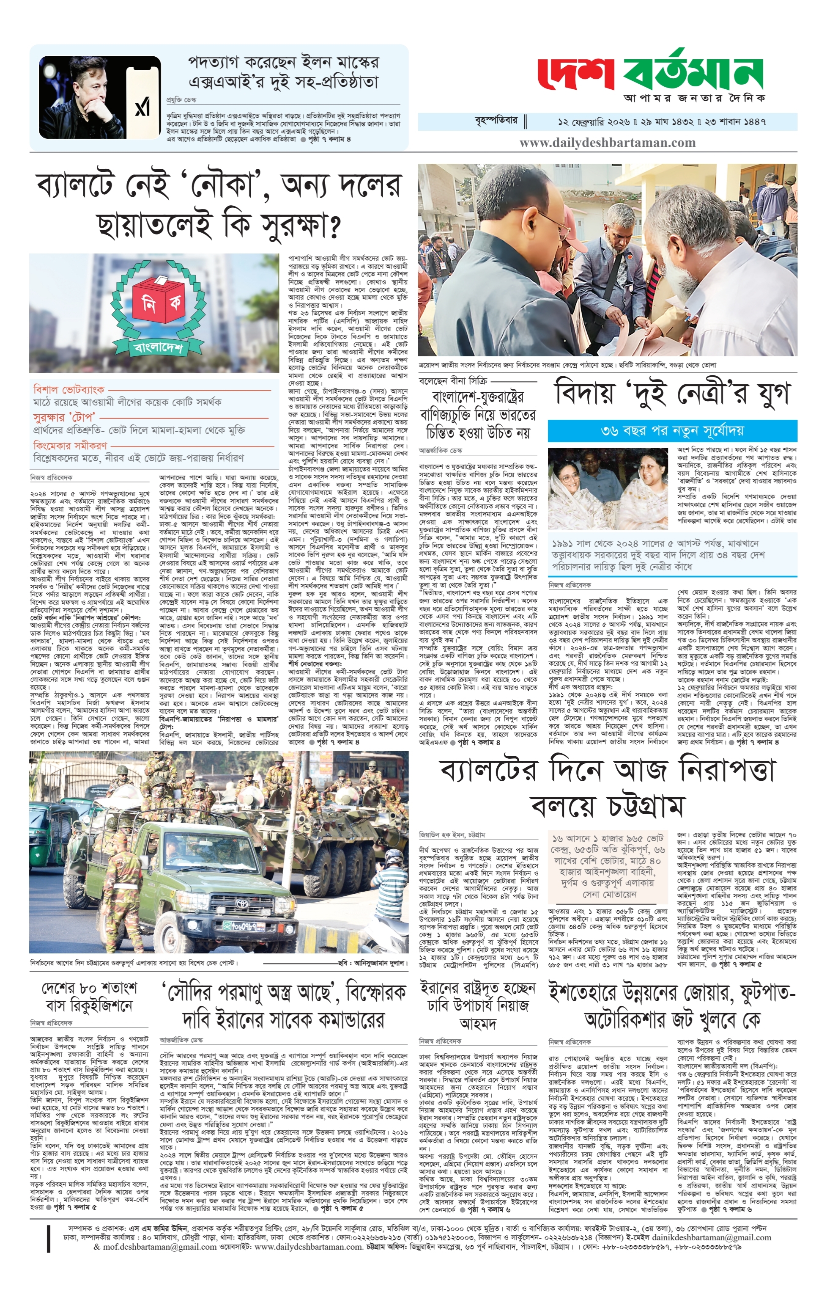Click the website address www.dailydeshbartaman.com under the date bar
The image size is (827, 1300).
608,143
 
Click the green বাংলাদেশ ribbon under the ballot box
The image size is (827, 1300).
158,345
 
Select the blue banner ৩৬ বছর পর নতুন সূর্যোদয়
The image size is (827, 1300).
672,431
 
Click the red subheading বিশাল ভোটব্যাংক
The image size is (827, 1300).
68,389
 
